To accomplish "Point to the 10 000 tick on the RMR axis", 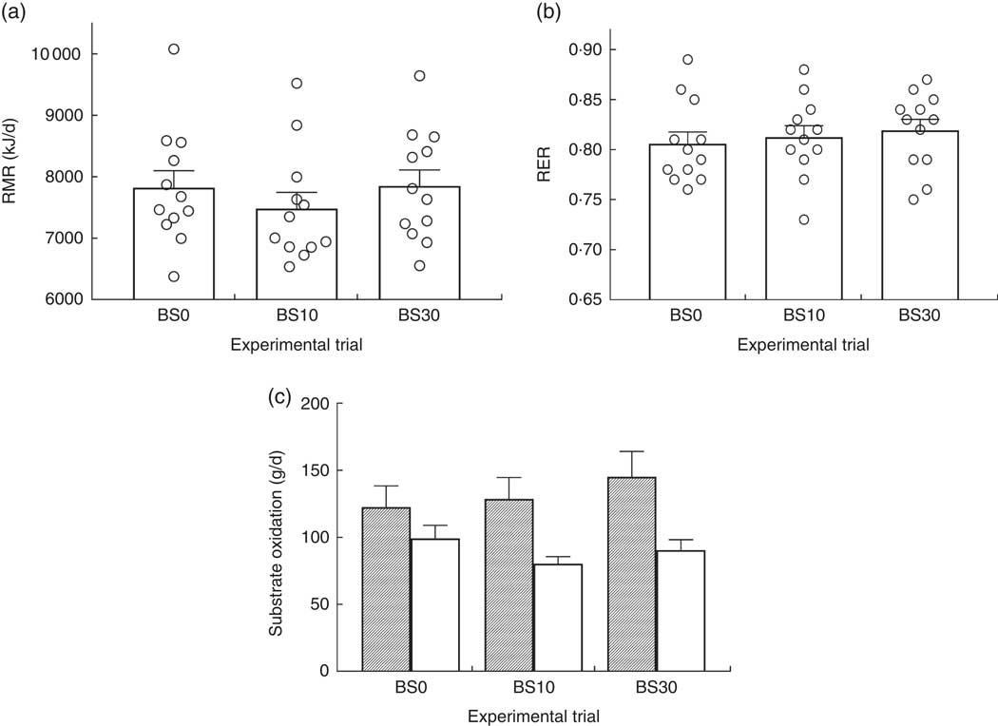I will tap(80, 53).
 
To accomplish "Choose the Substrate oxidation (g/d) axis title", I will tap(276, 537).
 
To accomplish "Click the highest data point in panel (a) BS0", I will tap(173, 49).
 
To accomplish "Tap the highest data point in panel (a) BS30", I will tap(419, 75).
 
